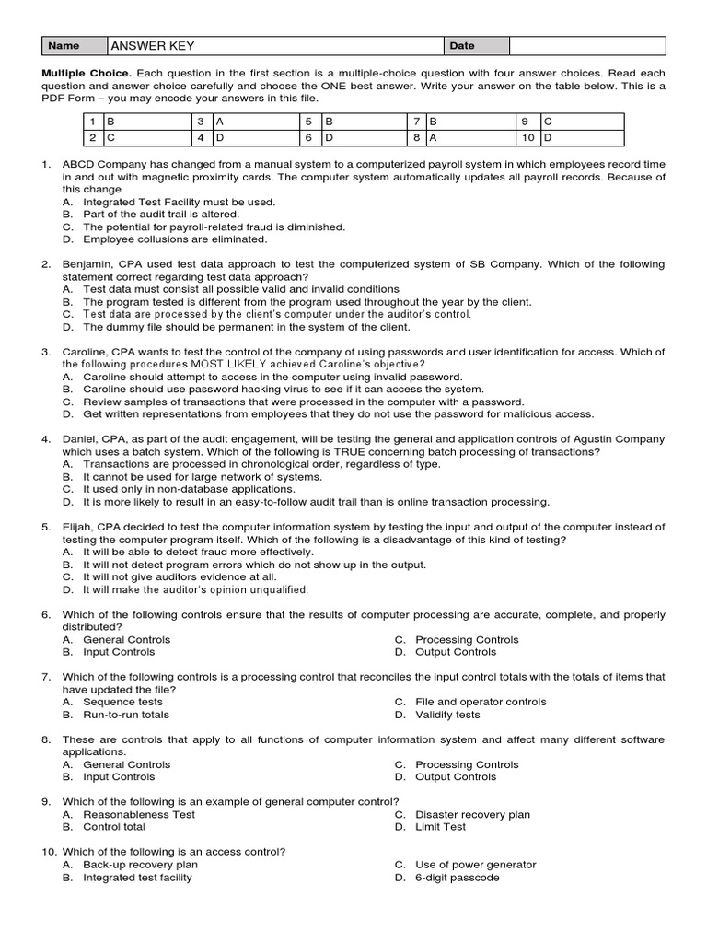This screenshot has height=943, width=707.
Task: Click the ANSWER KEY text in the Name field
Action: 153,46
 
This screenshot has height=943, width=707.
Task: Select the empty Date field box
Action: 587,46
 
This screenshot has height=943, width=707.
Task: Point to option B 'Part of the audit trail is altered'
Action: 161,214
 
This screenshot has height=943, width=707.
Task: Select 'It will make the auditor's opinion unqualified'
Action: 195,589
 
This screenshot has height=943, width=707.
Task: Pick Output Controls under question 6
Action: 455,652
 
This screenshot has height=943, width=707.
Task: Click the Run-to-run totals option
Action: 125,715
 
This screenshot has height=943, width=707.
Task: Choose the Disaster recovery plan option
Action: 472,814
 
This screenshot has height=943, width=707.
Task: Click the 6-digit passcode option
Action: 457,878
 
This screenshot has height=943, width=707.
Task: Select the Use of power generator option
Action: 475,865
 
